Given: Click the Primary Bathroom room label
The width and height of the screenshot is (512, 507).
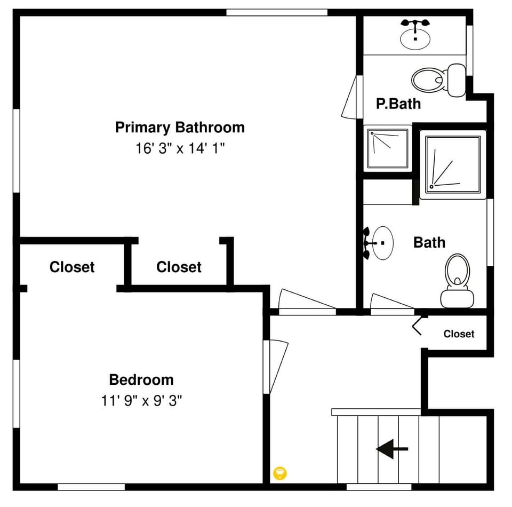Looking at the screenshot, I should coord(180,128).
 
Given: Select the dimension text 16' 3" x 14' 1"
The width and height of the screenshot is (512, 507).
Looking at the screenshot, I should coord(180,148).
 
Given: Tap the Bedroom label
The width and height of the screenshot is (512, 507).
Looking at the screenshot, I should coord(141,380).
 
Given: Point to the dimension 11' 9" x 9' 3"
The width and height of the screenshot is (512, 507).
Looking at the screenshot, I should coord(141,401).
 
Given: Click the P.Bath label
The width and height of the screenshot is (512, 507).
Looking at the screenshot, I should coord(398,104).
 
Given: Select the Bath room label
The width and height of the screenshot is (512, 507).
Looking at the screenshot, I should coord(429,242).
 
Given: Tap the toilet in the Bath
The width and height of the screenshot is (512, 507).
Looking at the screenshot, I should coord(457,280).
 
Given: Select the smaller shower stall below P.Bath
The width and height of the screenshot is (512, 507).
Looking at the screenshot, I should coord(388,148).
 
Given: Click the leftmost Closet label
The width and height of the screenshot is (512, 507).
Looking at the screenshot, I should coord(72,267).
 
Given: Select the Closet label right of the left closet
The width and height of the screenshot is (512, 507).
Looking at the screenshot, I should coord(179,267).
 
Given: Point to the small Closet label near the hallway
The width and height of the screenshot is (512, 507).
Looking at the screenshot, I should coord(459,334).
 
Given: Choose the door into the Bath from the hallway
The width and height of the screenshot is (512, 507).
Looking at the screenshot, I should coord(391,302).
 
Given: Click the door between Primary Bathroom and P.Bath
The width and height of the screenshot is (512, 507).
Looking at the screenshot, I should coord(350,97).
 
